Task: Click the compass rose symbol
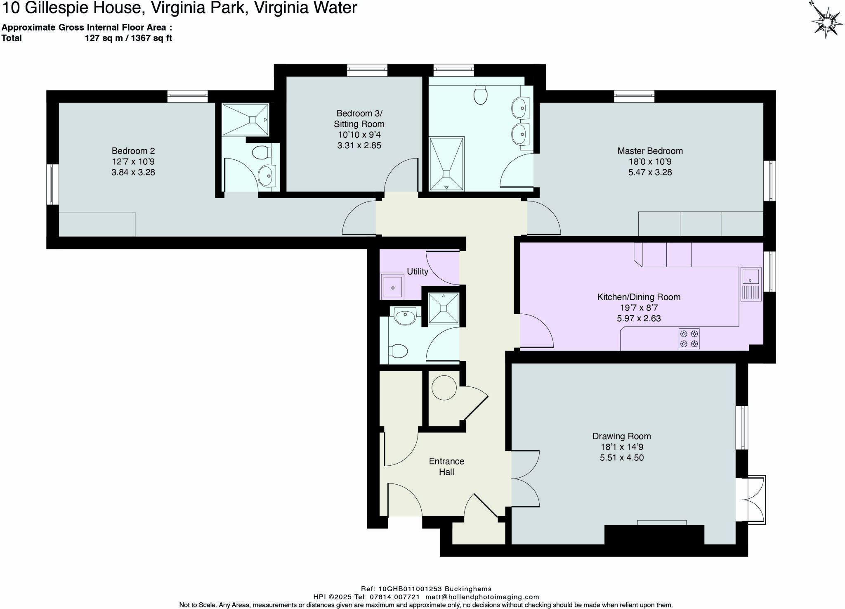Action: coord(826,21)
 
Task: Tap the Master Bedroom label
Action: coord(650,151)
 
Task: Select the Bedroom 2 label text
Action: coord(133,151)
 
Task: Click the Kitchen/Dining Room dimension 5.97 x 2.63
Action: coord(639,318)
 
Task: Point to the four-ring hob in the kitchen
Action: coord(689,339)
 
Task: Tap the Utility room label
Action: coord(417,271)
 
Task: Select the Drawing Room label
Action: coord(621,436)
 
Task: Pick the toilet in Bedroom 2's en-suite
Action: coord(261,153)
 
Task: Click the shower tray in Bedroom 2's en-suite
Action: coord(245,119)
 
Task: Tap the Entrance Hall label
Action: coord(446,467)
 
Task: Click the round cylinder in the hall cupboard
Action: coord(444,387)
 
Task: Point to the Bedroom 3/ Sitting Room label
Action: coord(359,118)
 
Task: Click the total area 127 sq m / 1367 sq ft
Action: coord(128,38)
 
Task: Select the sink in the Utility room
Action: coord(392,286)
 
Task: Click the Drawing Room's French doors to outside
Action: coord(752,500)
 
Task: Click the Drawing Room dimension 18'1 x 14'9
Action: coord(621,447)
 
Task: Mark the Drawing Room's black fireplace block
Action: coord(654,535)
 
